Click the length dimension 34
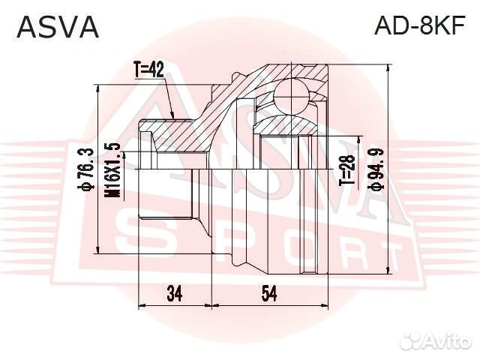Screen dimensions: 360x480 coord(175,294)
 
